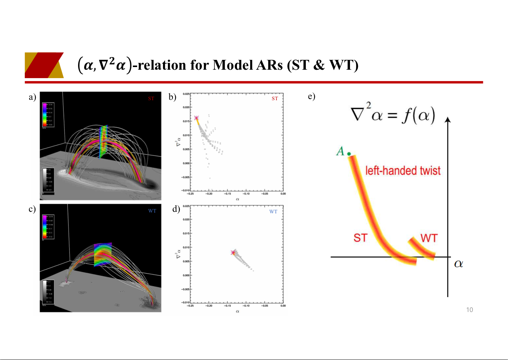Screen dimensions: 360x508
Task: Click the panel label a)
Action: [32, 98]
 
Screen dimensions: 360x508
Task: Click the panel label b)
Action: [173, 98]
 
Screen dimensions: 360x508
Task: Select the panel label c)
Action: [32, 209]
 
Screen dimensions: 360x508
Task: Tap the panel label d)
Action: [176, 209]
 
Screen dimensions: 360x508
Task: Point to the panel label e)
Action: [312, 97]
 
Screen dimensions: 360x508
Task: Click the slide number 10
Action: [470, 310]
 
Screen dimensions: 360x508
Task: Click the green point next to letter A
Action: [349, 154]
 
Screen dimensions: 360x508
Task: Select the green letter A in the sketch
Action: [340, 152]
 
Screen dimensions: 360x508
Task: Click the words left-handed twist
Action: [403, 170]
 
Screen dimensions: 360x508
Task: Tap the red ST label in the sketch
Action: [360, 238]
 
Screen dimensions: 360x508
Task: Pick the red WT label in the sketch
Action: [429, 238]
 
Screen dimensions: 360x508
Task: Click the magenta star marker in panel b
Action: [196, 118]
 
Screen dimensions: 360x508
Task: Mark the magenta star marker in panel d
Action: [233, 252]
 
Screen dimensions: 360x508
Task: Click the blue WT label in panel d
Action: [273, 212]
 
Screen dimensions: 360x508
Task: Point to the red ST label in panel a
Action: [151, 99]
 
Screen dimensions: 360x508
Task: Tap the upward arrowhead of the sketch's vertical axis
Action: [448, 120]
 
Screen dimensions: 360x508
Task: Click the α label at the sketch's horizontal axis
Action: [459, 264]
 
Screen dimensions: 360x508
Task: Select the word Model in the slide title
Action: [230, 66]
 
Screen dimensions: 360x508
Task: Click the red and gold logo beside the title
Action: [44, 65]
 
